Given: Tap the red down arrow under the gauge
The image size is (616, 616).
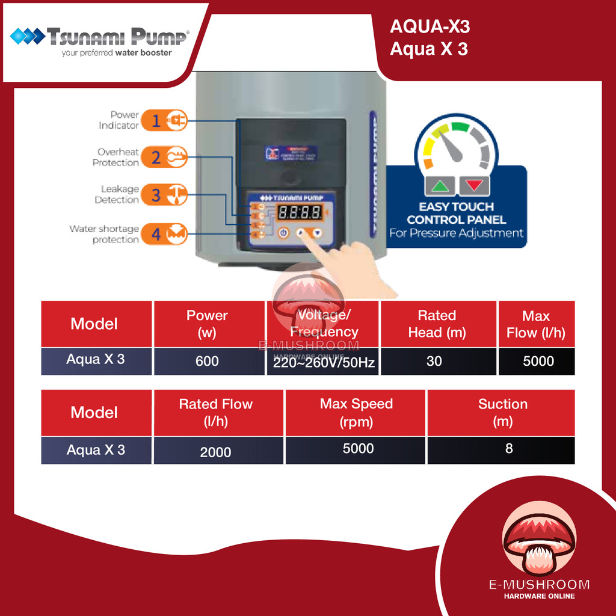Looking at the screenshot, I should [474, 186].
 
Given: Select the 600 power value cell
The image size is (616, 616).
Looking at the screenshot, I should [207, 362].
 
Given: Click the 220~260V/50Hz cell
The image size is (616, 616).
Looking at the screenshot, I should [323, 362].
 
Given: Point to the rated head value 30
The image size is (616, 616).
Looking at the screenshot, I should [434, 361].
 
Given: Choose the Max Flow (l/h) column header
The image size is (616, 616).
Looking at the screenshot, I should [536, 324].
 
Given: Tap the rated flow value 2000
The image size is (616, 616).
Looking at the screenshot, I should [215, 452].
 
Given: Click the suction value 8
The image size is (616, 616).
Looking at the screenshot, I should [509, 449].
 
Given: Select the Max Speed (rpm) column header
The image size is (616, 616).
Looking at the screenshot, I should [356, 413].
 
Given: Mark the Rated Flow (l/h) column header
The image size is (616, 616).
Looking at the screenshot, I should [215, 413].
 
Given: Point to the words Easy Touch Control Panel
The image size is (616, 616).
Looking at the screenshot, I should [457, 214].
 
